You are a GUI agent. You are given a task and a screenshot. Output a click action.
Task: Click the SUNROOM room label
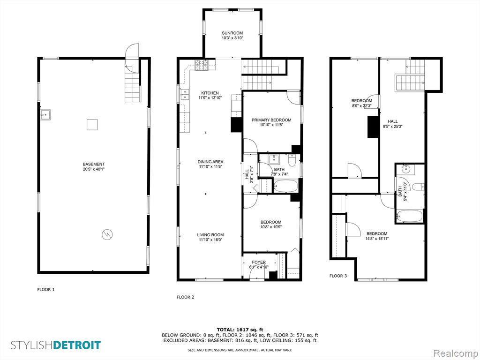point(232,33)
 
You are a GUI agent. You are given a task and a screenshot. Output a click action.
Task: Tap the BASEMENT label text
point(94,164)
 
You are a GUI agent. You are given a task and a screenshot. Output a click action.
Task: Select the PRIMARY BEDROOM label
point(271,120)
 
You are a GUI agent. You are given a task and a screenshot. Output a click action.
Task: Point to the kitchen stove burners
point(202,65)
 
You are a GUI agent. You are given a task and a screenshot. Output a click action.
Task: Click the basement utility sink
point(45,114)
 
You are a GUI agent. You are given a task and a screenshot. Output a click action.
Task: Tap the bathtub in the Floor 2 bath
point(285,186)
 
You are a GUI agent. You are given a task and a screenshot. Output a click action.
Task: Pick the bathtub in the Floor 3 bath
point(409,216)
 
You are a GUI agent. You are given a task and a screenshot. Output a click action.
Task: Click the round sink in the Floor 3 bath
point(405,169)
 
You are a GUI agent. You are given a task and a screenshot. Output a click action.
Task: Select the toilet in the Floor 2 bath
point(292,161)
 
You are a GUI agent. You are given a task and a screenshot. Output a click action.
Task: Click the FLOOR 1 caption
point(46,289)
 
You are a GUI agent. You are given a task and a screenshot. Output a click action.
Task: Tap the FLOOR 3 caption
point(338,276)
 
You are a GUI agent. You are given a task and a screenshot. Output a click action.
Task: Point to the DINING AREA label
point(210,162)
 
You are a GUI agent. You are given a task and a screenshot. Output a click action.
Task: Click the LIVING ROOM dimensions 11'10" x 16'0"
point(210,240)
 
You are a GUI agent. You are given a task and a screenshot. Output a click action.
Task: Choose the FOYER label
point(259,262)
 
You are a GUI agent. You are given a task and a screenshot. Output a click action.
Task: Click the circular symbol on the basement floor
point(107,234)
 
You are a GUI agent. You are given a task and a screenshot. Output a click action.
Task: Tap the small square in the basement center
point(92,125)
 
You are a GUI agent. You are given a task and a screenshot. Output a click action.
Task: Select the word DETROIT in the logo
point(77,345)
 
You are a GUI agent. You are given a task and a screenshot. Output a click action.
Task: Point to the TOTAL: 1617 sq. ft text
point(240,330)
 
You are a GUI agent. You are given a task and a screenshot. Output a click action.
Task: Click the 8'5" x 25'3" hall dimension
point(392,126)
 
